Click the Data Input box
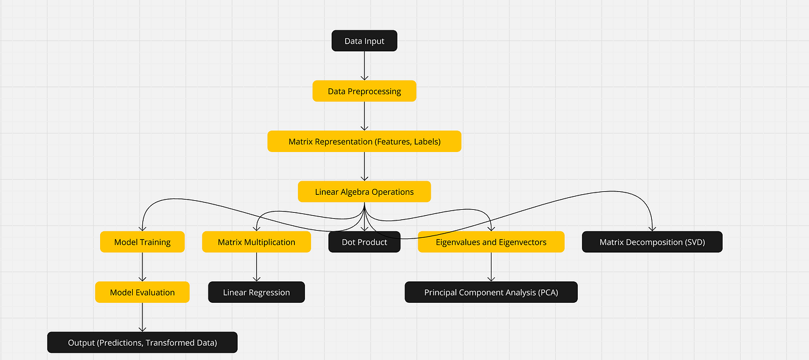point(364,41)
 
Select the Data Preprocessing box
point(364,91)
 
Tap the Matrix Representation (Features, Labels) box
point(364,142)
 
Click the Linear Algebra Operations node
point(364,192)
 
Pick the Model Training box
point(142,242)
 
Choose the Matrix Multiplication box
point(256,242)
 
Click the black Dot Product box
point(364,242)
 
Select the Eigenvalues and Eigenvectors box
point(491,242)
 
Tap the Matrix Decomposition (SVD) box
point(652,242)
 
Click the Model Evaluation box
point(142,292)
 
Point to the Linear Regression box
point(256,292)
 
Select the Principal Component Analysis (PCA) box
point(491,292)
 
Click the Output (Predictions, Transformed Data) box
point(142,343)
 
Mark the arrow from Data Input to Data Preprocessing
point(364,66)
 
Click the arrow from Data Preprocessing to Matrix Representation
point(364,116)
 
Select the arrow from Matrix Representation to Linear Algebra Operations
point(364,166)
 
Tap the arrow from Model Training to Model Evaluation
point(142,267)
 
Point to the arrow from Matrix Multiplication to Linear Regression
point(256,267)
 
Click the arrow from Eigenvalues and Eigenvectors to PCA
point(491,267)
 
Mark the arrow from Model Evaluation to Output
point(142,317)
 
